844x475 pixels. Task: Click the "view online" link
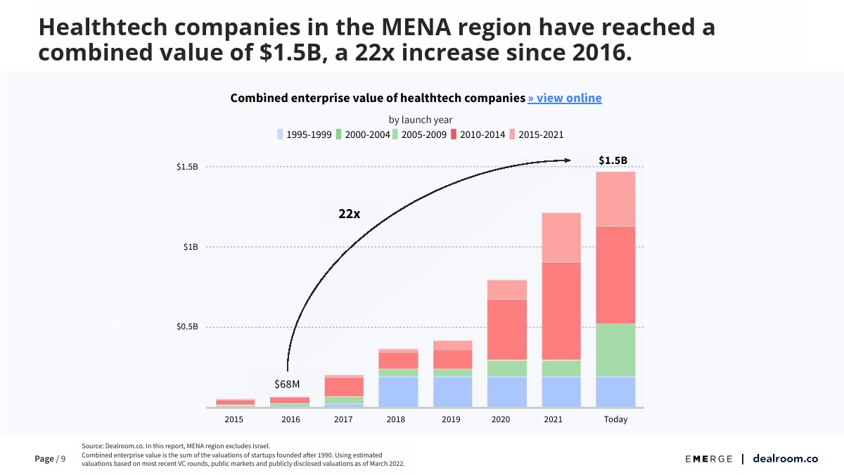coord(565,99)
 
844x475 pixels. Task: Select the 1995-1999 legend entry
coord(300,134)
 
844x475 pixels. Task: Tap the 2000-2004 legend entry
coord(362,134)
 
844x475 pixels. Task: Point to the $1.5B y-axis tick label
coord(187,167)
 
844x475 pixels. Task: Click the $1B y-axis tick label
coord(191,247)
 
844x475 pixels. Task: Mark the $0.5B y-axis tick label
coord(187,327)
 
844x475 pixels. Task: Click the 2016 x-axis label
coord(290,419)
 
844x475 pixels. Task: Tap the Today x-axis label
coord(615,419)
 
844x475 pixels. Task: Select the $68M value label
coord(287,384)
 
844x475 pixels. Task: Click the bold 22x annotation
coord(349,214)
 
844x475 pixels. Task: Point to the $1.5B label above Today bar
coord(613,160)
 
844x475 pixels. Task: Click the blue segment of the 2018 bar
coord(398,393)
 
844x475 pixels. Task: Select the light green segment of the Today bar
coord(615,350)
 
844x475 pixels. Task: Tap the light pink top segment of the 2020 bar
coord(507,290)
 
